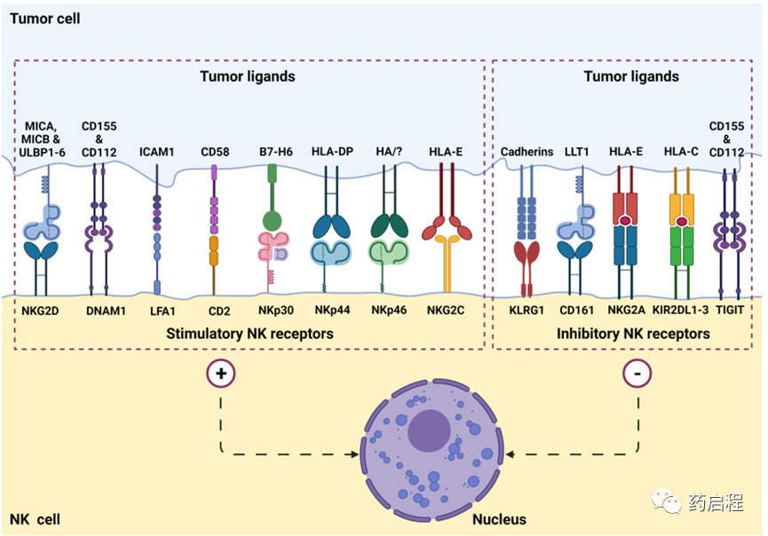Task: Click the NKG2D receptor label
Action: (44, 310)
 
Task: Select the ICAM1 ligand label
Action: (157, 152)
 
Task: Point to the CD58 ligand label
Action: (215, 152)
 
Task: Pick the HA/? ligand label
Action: (388, 152)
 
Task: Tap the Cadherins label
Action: (527, 152)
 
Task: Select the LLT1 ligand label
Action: (577, 152)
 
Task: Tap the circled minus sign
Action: (637, 374)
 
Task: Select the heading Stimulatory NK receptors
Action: (249, 334)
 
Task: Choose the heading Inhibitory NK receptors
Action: (633, 334)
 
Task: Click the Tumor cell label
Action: (44, 18)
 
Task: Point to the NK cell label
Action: (35, 518)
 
